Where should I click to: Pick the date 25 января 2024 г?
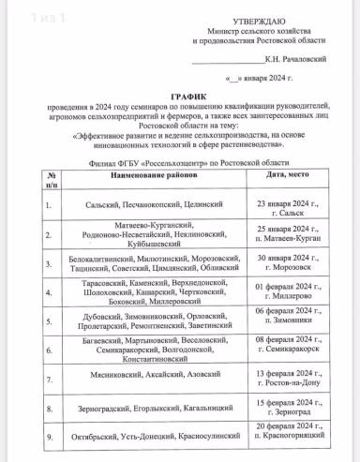click(x=287, y=229)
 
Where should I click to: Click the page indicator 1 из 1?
click(x=21, y=16)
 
